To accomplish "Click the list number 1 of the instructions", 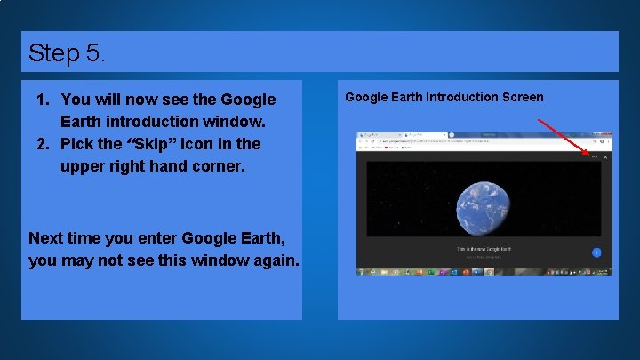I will [x=40, y=100].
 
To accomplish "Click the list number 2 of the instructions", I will [x=40, y=143].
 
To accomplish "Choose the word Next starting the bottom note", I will [x=48, y=238].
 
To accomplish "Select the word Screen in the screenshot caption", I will [x=520, y=97].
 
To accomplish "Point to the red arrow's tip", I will [x=589, y=155].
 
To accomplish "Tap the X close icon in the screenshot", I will [x=605, y=157].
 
